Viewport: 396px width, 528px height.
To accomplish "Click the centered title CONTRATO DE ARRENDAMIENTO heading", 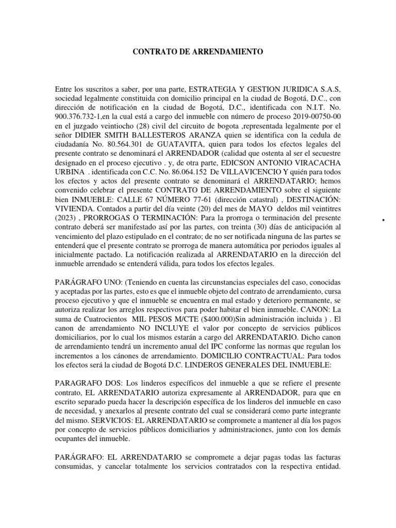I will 198,52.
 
